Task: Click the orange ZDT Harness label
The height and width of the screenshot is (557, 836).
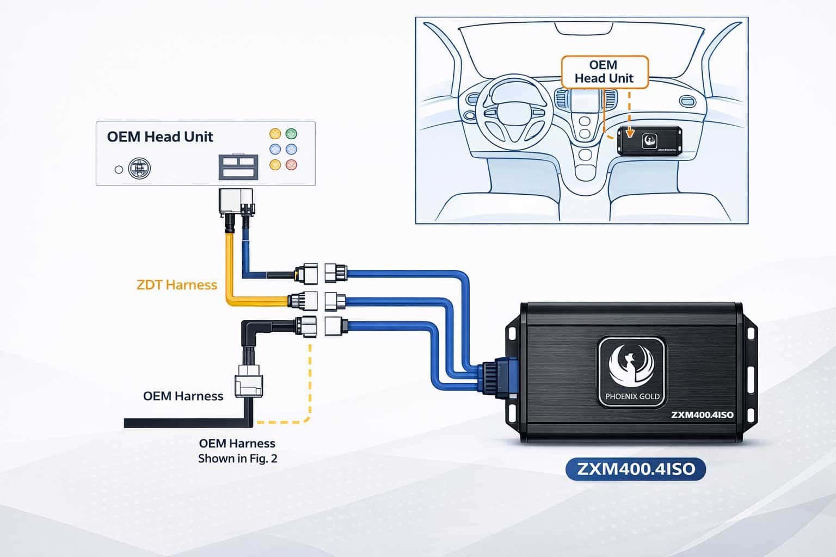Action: pos(177,284)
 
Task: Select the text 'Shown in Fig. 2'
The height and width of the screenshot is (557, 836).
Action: pos(237,459)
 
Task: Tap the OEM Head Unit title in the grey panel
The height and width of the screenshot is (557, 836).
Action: pos(160,137)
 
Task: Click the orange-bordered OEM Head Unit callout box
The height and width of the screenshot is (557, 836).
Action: pos(604,72)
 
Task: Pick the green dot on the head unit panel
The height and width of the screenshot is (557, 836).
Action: pos(291,133)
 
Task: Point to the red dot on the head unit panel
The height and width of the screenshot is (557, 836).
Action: pos(291,164)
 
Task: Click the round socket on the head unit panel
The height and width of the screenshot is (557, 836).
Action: pos(139,169)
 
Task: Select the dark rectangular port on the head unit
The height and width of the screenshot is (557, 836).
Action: pos(238,167)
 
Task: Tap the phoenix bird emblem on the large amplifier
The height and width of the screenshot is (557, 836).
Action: pos(631,365)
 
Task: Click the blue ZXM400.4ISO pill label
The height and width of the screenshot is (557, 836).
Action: pos(636,469)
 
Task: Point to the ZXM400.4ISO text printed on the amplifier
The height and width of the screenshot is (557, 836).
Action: pos(702,415)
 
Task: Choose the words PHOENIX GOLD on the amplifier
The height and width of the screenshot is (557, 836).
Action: pos(632,397)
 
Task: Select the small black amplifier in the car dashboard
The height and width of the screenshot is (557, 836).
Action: pos(650,140)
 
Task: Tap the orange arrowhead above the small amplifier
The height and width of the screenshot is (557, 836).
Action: pos(630,132)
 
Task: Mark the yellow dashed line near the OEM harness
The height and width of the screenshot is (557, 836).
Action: pos(310,381)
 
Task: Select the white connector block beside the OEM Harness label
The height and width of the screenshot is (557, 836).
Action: pos(249,385)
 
